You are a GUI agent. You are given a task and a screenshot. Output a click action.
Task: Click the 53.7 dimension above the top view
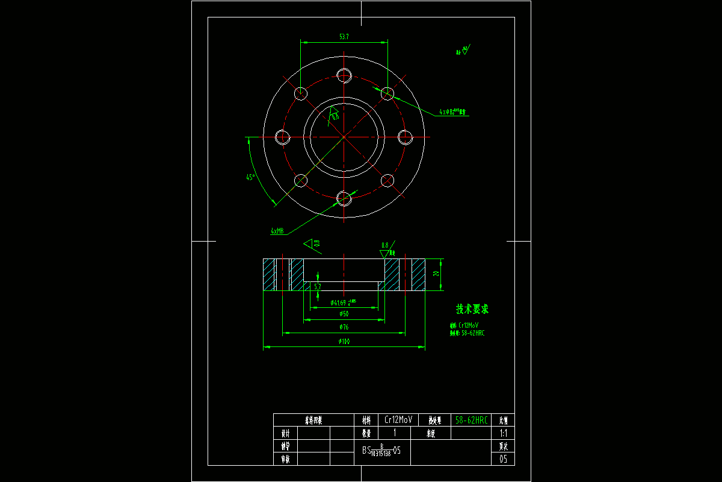tap(344, 37)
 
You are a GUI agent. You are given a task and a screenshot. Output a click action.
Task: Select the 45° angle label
tap(250, 177)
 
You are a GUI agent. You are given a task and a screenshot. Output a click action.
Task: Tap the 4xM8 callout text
tap(277, 230)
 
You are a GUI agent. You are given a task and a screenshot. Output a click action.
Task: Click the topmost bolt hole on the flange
tap(344, 75)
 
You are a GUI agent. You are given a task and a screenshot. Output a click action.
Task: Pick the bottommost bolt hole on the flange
tap(344, 198)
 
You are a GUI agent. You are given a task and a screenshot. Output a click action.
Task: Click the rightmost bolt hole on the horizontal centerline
tap(406, 137)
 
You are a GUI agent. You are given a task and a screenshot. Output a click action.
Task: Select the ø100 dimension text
tap(344, 342)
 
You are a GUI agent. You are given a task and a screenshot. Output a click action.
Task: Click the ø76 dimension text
tap(344, 327)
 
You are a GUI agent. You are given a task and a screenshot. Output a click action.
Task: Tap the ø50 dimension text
tap(344, 314)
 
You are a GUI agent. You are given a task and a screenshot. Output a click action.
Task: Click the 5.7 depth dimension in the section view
tap(318, 286)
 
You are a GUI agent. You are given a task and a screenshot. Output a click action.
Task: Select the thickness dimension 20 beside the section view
tap(436, 274)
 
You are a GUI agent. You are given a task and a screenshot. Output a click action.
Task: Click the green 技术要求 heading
tap(472, 309)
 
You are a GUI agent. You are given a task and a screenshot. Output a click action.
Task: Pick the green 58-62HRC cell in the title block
tap(472, 420)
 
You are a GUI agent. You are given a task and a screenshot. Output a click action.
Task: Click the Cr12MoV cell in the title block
tap(398, 420)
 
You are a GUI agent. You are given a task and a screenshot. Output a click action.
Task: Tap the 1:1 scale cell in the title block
tap(504, 433)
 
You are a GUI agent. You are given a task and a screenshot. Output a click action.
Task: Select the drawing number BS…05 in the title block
tap(381, 450)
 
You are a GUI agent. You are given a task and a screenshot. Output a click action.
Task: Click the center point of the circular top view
tap(344, 137)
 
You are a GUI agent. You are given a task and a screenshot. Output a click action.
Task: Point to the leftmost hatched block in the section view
tap(268, 275)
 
